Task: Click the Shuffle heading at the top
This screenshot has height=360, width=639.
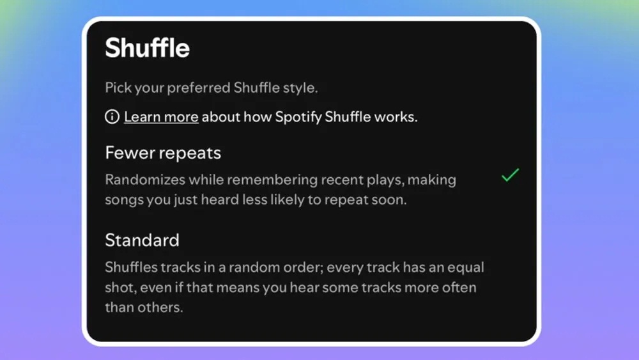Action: (147, 49)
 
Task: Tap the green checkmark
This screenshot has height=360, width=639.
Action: (510, 175)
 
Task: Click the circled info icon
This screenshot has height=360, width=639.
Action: (112, 117)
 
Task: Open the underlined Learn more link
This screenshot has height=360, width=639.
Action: (161, 117)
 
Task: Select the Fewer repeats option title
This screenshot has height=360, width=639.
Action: (163, 153)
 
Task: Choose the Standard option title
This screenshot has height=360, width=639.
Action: (142, 240)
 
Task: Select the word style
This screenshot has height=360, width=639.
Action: (300, 88)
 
